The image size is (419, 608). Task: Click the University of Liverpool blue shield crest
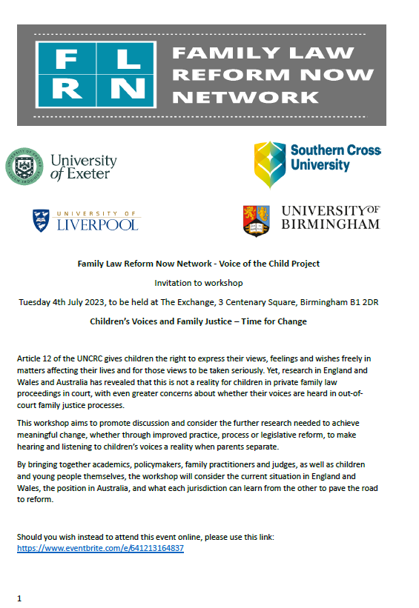[42, 220]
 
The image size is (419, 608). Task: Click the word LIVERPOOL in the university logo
[97, 224]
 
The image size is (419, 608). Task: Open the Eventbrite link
[100, 548]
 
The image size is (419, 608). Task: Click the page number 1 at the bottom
[19, 598]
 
